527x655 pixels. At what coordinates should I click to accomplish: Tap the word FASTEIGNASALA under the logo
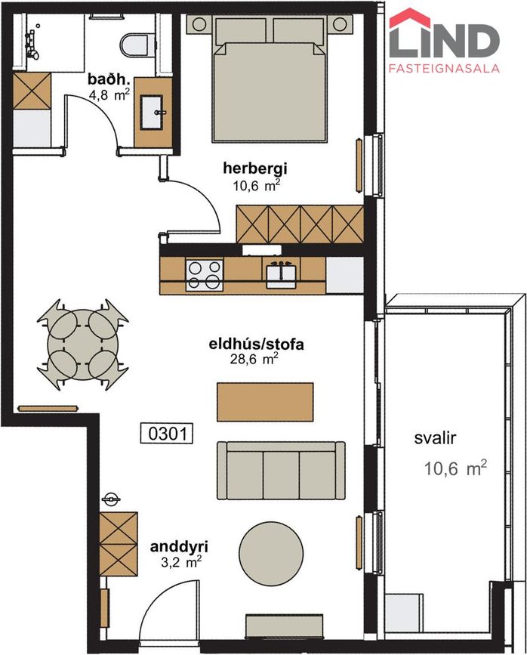[444, 69]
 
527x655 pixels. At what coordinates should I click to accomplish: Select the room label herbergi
[252, 168]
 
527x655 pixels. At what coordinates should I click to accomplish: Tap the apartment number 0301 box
[167, 434]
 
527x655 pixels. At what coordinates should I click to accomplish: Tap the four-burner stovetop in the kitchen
[205, 274]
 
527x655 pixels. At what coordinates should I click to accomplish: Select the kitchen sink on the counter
[282, 273]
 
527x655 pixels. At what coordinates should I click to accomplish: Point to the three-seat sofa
[276, 468]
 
